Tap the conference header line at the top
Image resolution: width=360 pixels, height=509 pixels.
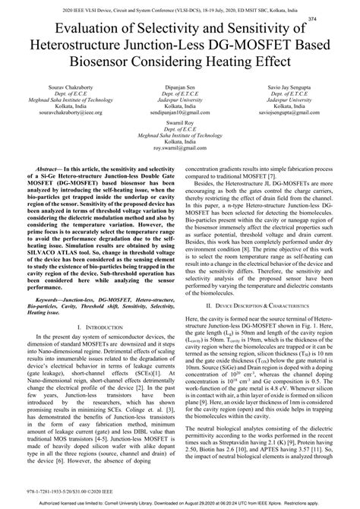pyautogui.click(x=180, y=7)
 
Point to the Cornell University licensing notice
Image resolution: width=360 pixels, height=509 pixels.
pyautogui.click(x=180, y=503)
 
